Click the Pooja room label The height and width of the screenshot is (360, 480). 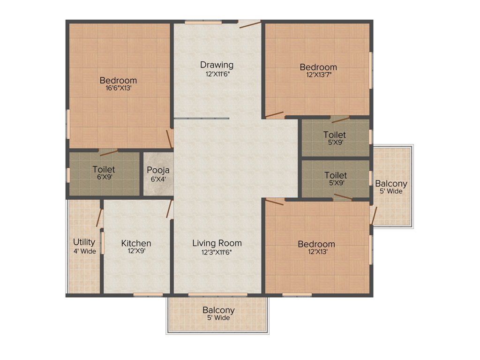point(158,170)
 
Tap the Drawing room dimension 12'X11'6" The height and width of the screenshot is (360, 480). point(217,74)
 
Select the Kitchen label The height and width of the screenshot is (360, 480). point(136,243)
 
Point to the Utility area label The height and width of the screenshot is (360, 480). point(84,242)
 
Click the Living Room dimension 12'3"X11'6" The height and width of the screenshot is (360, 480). point(217,252)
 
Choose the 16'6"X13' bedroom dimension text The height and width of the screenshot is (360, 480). point(118,89)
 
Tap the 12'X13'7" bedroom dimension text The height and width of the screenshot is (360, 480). point(318,75)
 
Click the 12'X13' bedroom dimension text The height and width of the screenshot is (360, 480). point(316,252)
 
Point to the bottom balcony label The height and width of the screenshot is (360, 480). point(218,310)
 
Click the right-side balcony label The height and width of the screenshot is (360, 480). point(391,184)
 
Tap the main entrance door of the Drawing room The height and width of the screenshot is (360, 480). point(250,24)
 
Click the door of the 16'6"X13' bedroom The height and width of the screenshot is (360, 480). point(169,139)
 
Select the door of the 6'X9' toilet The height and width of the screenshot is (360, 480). point(108,152)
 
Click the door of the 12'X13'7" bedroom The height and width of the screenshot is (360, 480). point(274,114)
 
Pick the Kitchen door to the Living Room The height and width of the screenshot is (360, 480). point(169,209)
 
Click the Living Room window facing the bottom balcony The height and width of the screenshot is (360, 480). point(218,295)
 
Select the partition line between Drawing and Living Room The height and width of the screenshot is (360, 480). point(202,119)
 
